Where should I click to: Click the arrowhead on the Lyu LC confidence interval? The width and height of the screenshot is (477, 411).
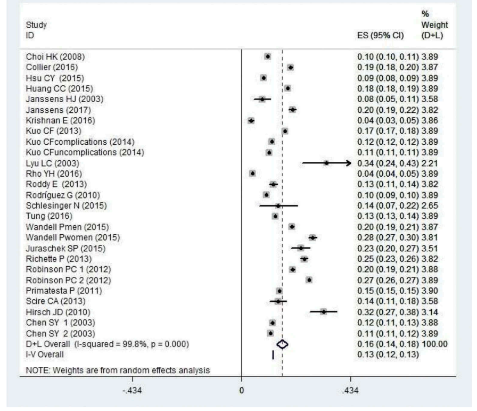click(x=348, y=163)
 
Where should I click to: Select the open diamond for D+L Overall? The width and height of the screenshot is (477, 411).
click(x=283, y=344)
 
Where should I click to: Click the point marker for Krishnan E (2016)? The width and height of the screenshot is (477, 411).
click(x=251, y=121)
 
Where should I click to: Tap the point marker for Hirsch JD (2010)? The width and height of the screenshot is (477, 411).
click(x=323, y=311)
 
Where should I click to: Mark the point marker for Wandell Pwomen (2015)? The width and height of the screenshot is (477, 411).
click(x=312, y=237)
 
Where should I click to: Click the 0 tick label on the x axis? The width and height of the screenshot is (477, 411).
click(x=242, y=390)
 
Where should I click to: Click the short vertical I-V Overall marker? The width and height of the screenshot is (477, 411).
click(x=273, y=354)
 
